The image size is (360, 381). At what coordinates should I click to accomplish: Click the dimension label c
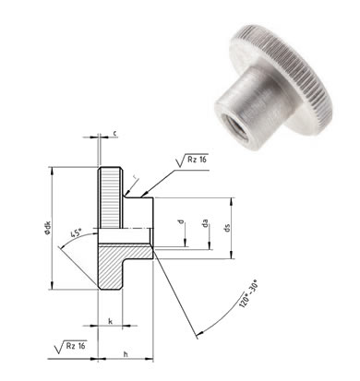point(114,133)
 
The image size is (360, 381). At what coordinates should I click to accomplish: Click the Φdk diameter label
point(47,228)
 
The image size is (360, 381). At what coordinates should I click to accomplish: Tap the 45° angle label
point(77,232)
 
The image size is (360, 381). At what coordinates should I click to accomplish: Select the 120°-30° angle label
point(248,295)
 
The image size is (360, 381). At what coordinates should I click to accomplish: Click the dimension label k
point(110,322)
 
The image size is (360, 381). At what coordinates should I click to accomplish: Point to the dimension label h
point(126,354)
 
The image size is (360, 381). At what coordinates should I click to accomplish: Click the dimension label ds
point(228,228)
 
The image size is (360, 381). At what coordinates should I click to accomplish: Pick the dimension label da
point(206,223)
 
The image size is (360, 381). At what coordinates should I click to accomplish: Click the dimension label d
point(182,221)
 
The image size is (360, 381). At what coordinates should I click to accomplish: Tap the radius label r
point(134,177)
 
